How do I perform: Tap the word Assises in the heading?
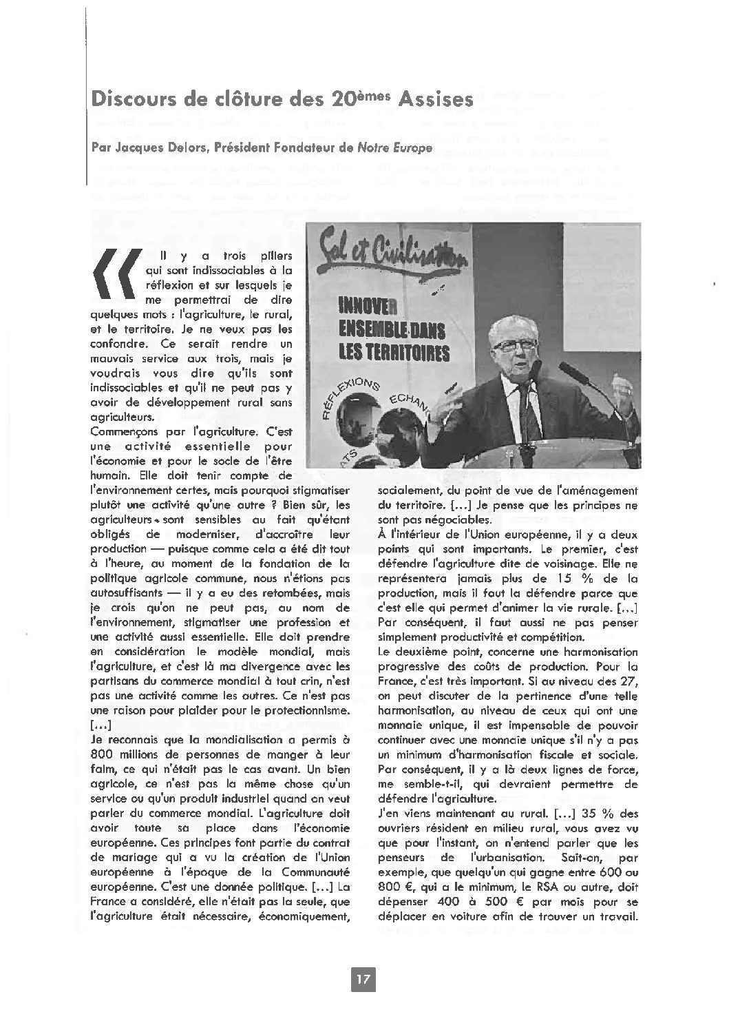[x=440, y=99]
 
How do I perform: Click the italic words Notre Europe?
[x=397, y=147]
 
